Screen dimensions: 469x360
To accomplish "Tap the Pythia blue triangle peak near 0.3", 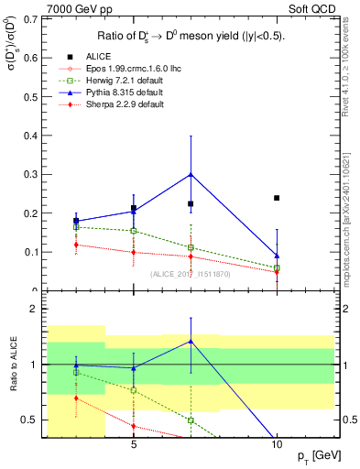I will tap(191, 173).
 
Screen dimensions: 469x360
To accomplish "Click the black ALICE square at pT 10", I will tap(277, 198).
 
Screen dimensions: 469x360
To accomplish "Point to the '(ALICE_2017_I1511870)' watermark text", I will tap(190, 274).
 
